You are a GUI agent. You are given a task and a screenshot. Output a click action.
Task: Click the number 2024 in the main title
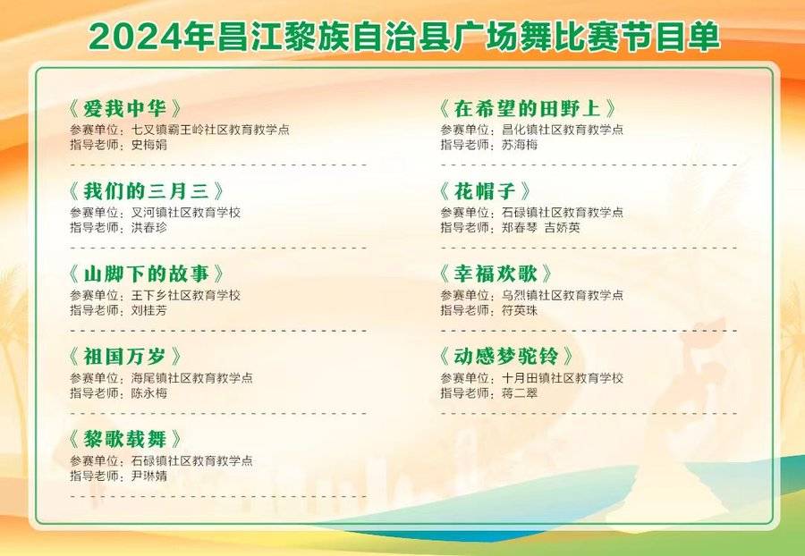point(135,37)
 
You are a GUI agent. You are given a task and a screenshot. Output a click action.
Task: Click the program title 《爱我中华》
point(124,108)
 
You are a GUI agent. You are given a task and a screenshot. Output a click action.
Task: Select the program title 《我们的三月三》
point(146,191)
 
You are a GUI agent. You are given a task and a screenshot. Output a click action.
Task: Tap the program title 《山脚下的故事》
point(146,274)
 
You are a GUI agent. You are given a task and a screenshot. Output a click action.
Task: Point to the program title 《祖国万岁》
point(124,357)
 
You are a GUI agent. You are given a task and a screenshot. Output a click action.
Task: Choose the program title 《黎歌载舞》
point(124,439)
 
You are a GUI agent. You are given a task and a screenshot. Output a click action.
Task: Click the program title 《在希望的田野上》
point(527,108)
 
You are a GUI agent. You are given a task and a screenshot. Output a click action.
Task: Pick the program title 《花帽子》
point(485,191)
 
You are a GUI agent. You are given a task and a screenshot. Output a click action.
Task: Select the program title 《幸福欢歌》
point(496,274)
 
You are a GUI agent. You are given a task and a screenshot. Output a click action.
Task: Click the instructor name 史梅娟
point(148,145)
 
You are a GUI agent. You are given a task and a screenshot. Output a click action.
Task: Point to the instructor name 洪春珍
point(148,227)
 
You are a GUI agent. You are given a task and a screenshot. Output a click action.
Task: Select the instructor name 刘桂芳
point(148,310)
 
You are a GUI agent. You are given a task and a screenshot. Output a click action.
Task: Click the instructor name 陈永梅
point(148,393)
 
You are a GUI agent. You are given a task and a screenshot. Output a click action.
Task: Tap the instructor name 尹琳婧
point(148,476)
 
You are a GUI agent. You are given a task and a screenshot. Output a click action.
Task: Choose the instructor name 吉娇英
point(563,227)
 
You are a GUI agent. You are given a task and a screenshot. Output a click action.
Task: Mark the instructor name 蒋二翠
point(520,393)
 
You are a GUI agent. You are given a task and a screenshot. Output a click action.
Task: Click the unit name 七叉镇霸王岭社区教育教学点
point(210,130)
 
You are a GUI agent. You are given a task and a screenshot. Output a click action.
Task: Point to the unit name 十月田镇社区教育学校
point(563,378)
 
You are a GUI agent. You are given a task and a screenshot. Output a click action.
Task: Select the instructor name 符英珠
point(520,310)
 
